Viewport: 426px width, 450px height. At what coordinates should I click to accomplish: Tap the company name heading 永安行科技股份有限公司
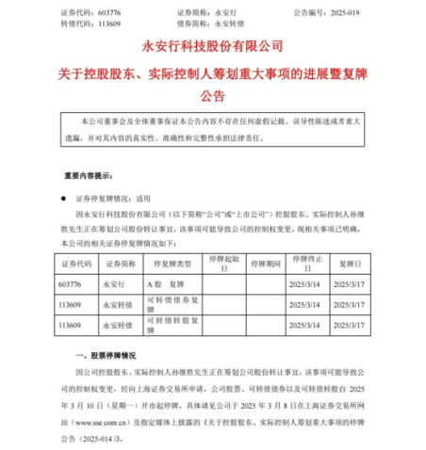[213, 44]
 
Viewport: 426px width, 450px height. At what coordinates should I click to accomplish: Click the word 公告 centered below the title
[213, 96]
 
